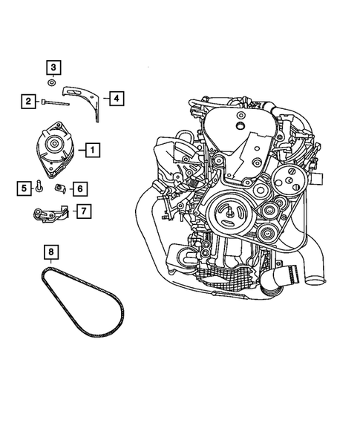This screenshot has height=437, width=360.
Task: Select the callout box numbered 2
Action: [27, 101]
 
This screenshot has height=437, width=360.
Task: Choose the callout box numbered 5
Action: [24, 188]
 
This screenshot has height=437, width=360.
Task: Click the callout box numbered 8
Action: [49, 251]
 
